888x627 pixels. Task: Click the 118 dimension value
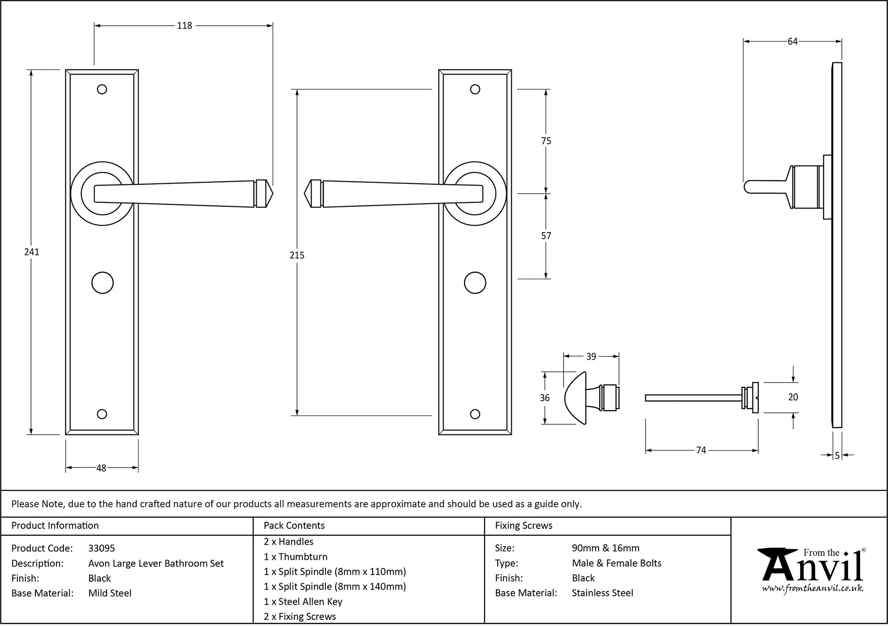(184, 26)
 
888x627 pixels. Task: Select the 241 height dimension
(32, 252)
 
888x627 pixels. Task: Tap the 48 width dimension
(101, 468)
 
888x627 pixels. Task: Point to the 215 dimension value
(297, 255)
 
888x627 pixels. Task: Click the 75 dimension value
(546, 141)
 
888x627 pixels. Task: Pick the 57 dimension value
(546, 236)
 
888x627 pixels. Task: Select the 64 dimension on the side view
(793, 42)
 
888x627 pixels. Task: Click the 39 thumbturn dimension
(591, 357)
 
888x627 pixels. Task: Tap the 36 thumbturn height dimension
(545, 398)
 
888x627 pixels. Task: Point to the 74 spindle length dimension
(701, 450)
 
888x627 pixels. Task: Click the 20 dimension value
(793, 397)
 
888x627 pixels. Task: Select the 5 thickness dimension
(837, 456)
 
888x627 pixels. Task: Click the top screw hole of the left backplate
(102, 90)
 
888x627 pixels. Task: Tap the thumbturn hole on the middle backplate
(475, 283)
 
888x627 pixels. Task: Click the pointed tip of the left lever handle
(271, 194)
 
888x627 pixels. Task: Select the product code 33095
(102, 548)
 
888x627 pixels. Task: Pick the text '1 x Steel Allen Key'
(303, 602)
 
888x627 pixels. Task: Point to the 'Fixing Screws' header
(523, 526)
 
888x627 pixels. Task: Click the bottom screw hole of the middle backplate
(475, 414)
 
